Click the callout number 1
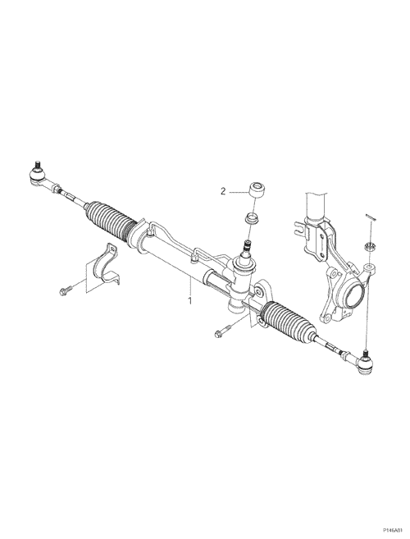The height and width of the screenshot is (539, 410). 189,301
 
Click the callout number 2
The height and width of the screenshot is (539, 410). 223,191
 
